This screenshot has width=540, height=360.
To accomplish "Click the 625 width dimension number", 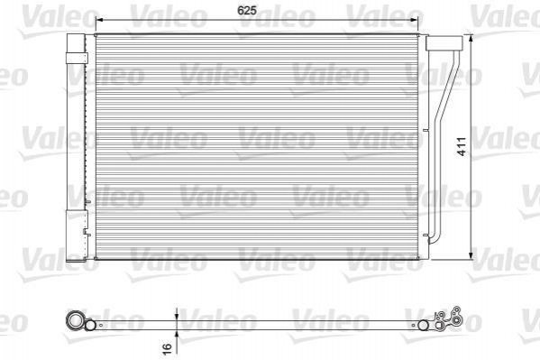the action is coord(247,10).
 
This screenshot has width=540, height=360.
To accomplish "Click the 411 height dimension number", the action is coord(462,146).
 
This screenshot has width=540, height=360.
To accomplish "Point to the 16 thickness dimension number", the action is coord(167,347).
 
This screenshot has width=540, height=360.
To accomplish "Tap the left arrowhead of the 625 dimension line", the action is coord(99,20).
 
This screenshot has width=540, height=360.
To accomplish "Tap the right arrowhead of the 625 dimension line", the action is coord(418,20).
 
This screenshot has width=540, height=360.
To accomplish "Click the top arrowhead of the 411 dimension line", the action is coord(471,38).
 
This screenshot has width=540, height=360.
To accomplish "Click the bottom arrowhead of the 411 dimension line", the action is coord(471,255).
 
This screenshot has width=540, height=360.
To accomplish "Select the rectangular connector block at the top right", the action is coord(444,42).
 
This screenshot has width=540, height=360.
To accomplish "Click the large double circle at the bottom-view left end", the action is coord(75,320).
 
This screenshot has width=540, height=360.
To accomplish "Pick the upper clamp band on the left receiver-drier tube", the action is coord(77,58).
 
